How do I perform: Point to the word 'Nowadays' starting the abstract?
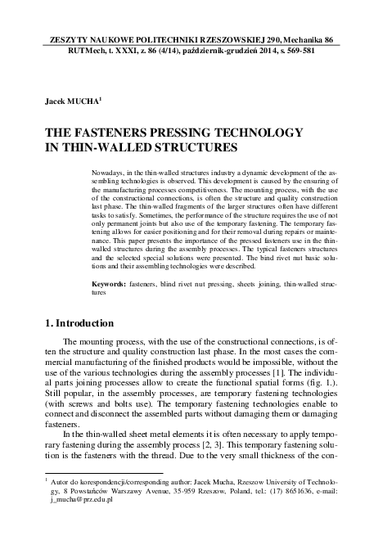point(107,176)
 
